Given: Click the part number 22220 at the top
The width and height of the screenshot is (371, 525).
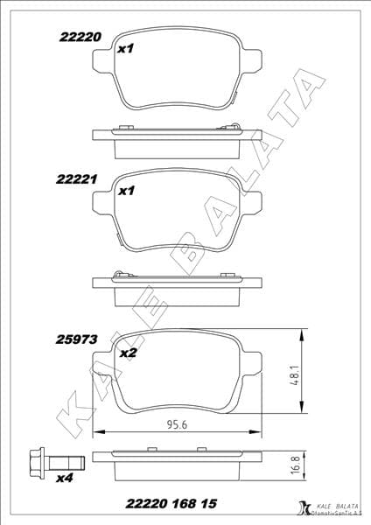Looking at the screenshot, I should (80, 38).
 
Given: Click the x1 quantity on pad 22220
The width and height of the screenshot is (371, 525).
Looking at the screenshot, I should (125, 49).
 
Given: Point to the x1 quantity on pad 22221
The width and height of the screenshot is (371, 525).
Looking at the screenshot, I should (125, 190).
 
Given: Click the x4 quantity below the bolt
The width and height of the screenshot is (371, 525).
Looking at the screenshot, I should (65, 478).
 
